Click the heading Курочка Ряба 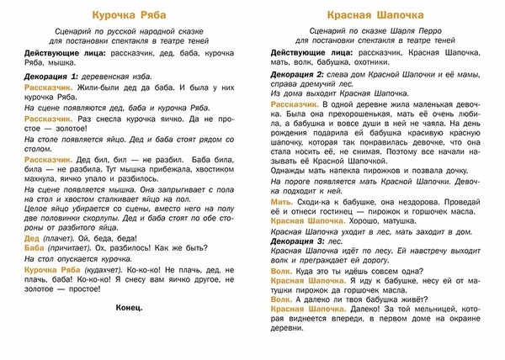(x=125, y=15)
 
